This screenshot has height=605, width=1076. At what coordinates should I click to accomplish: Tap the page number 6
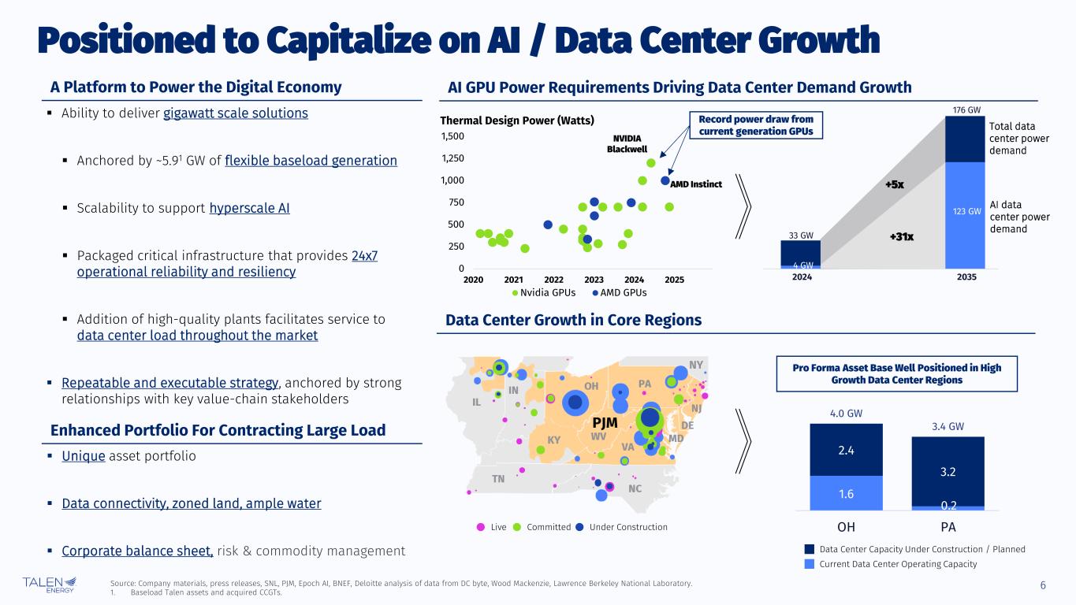(x=1043, y=585)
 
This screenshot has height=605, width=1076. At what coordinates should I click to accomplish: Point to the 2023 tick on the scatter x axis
(x=594, y=280)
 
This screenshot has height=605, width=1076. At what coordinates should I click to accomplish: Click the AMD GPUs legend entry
(x=619, y=292)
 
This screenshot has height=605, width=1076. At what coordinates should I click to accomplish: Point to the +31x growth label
(x=899, y=236)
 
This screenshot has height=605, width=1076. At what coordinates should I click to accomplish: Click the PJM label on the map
(x=604, y=422)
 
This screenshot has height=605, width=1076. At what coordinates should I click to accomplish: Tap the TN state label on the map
(x=498, y=478)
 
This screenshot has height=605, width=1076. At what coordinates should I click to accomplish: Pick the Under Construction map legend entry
(x=621, y=527)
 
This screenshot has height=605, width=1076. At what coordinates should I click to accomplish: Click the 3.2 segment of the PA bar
(x=948, y=472)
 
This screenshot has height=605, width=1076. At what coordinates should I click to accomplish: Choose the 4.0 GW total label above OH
(x=847, y=412)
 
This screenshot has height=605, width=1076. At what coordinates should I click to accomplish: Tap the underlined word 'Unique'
(x=84, y=456)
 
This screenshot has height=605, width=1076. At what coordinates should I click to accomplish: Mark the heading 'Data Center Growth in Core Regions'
(x=573, y=320)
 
